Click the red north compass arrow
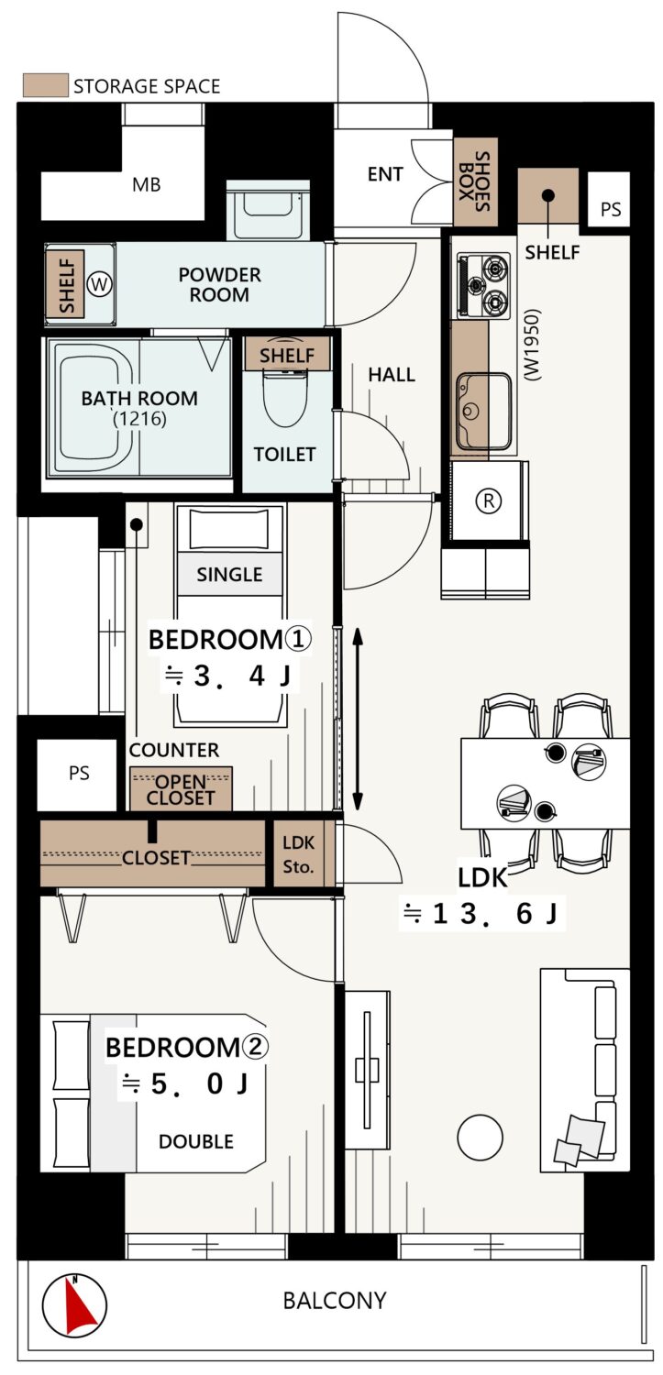tap(81, 1306)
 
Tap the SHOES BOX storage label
tap(474, 181)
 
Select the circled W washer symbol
tap(99, 284)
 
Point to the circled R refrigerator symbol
tap(489, 500)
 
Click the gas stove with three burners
tap(482, 285)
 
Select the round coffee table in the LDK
tap(481, 1137)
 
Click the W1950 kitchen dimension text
tap(532, 345)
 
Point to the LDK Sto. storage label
tap(298, 854)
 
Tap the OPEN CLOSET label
tap(181, 789)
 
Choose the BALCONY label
tap(335, 1300)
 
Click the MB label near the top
tap(146, 184)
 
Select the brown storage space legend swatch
tap(46, 85)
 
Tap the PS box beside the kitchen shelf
tap(609, 200)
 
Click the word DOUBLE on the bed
tap(196, 1141)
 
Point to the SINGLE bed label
tap(229, 575)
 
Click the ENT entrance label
tap(385, 174)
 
